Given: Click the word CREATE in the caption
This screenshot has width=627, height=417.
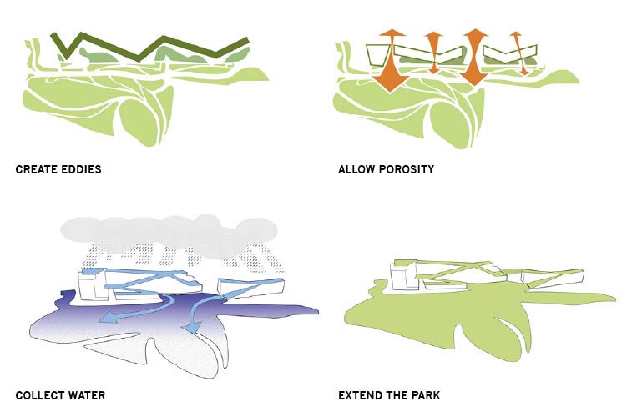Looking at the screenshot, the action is tap(36, 169).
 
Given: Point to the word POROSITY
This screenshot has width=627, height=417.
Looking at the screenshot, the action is tap(407, 169).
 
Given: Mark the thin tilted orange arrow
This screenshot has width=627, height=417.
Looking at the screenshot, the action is tap(519, 53).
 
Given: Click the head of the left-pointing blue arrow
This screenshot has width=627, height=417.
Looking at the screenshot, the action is tap(105, 318).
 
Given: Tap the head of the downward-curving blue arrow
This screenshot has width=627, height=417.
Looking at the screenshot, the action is tap(191, 328).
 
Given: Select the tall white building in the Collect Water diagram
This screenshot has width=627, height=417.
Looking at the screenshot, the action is tap(93, 284).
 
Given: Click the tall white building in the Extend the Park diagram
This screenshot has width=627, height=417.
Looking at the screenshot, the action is tap(405, 275).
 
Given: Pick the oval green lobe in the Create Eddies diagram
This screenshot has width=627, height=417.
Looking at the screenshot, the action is tap(139, 122).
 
